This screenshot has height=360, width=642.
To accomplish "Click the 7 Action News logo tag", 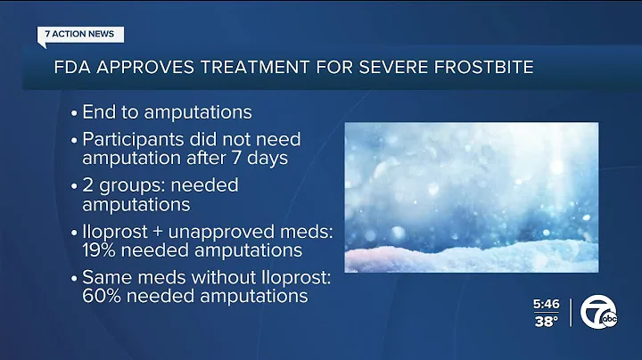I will pyautogui.click(x=81, y=35).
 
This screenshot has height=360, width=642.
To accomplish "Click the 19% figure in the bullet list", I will pyautogui.click(x=103, y=250).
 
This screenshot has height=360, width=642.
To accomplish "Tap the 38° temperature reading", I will pyautogui.click(x=546, y=323).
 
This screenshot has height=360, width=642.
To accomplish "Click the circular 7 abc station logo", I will pyautogui.click(x=597, y=312).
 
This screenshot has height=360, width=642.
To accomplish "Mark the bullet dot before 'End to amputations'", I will pyautogui.click(x=70, y=113).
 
